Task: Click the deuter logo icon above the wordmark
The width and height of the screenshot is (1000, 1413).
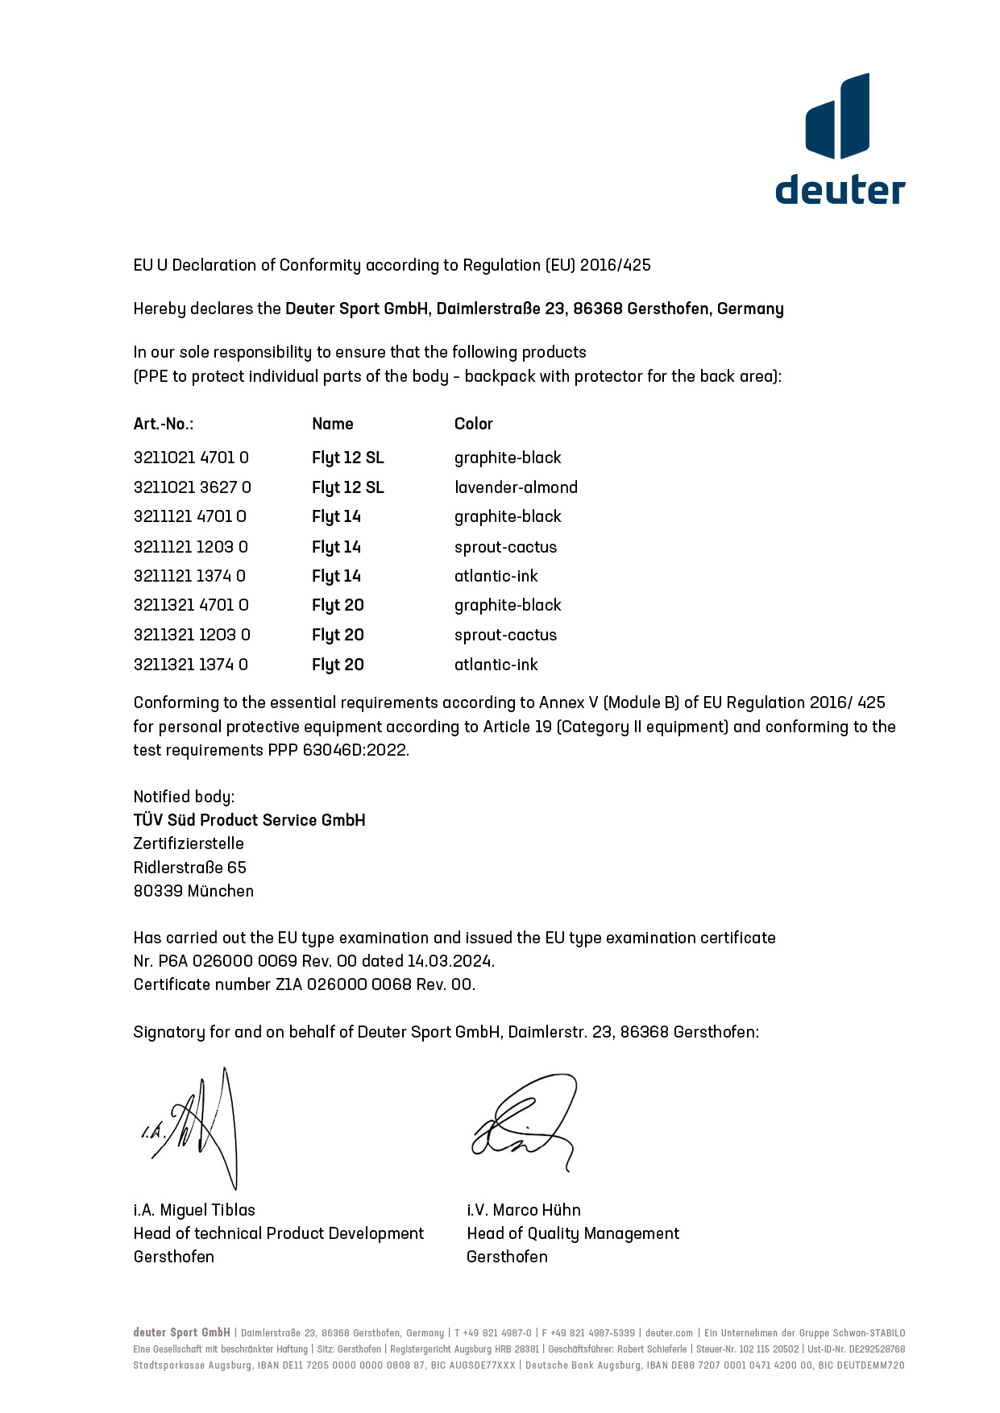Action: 837,116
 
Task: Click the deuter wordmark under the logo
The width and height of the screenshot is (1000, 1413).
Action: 840,189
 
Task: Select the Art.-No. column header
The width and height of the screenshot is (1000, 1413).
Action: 164,424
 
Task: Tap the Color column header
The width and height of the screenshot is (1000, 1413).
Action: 473,424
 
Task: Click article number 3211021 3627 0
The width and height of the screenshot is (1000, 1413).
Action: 192,487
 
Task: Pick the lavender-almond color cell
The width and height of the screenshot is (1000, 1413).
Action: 516,487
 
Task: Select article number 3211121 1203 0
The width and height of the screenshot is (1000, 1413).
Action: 190,547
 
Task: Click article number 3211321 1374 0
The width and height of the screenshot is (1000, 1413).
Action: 190,665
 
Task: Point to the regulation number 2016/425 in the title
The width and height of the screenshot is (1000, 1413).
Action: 615,265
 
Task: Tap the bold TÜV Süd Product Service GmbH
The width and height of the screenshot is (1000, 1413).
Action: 249,820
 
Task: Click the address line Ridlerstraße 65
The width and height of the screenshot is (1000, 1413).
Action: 189,868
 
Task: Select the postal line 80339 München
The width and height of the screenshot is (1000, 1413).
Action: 193,891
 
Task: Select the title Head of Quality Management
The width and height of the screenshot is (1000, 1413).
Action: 572,1233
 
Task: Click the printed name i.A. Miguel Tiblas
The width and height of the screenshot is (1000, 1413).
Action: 194,1210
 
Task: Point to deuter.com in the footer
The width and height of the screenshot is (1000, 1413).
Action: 669,1333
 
